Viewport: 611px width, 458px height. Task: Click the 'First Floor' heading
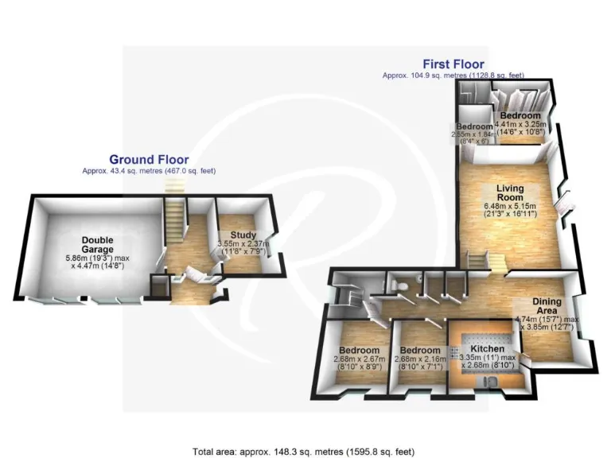(453, 64)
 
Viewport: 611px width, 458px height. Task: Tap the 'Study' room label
(243, 235)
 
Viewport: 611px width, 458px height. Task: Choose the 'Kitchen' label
(485, 349)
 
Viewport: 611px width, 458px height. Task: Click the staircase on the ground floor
(175, 223)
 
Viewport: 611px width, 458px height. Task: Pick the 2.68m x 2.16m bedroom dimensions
(419, 364)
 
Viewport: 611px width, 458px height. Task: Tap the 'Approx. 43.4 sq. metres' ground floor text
(149, 171)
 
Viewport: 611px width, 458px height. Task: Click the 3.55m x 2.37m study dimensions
(243, 247)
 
